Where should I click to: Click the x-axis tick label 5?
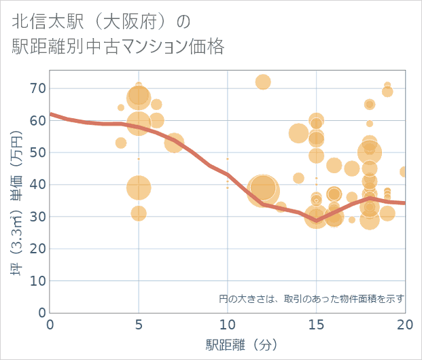point(139,325)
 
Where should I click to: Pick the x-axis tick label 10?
point(227,325)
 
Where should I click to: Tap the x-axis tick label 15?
point(316,325)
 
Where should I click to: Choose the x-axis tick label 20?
point(404,325)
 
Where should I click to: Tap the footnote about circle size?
point(311,298)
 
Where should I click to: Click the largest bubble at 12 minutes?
point(262,189)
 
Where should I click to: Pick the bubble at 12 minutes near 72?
point(263,82)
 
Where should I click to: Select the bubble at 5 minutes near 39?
point(139,187)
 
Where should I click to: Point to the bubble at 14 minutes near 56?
point(298,133)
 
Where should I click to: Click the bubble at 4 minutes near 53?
point(121,143)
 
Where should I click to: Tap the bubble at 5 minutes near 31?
point(139,213)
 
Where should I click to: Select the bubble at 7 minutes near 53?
point(174,143)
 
